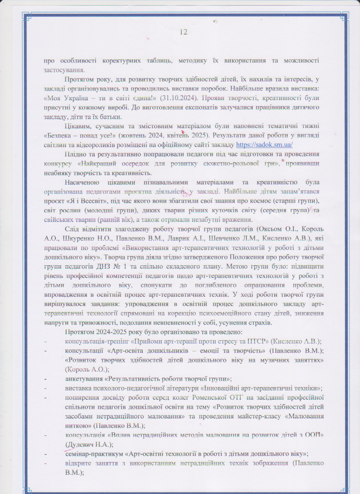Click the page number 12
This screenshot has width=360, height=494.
pyautogui.click(x=184, y=32)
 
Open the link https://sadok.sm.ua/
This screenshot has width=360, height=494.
pyautogui.click(x=264, y=145)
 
